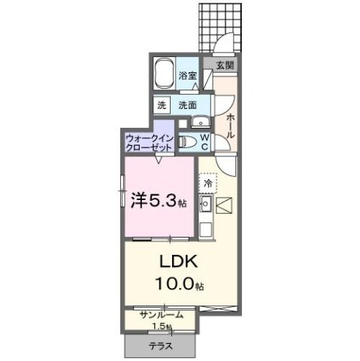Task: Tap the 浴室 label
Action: (x=189, y=76)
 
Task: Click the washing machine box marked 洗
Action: (x=162, y=105)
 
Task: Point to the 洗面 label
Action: (x=189, y=105)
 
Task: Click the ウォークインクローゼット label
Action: (x=150, y=143)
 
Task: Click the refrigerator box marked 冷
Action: (x=207, y=183)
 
